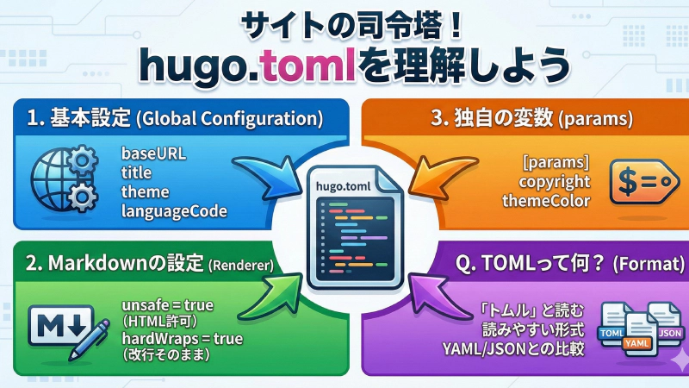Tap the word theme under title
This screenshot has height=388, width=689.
pos(146,192)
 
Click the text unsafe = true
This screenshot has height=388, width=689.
pos(167,305)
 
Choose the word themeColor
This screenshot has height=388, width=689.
pos(546,201)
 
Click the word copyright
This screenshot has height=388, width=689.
pos(555,182)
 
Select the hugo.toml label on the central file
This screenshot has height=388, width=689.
pos(344,185)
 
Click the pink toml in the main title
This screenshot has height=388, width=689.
pos(313,66)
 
